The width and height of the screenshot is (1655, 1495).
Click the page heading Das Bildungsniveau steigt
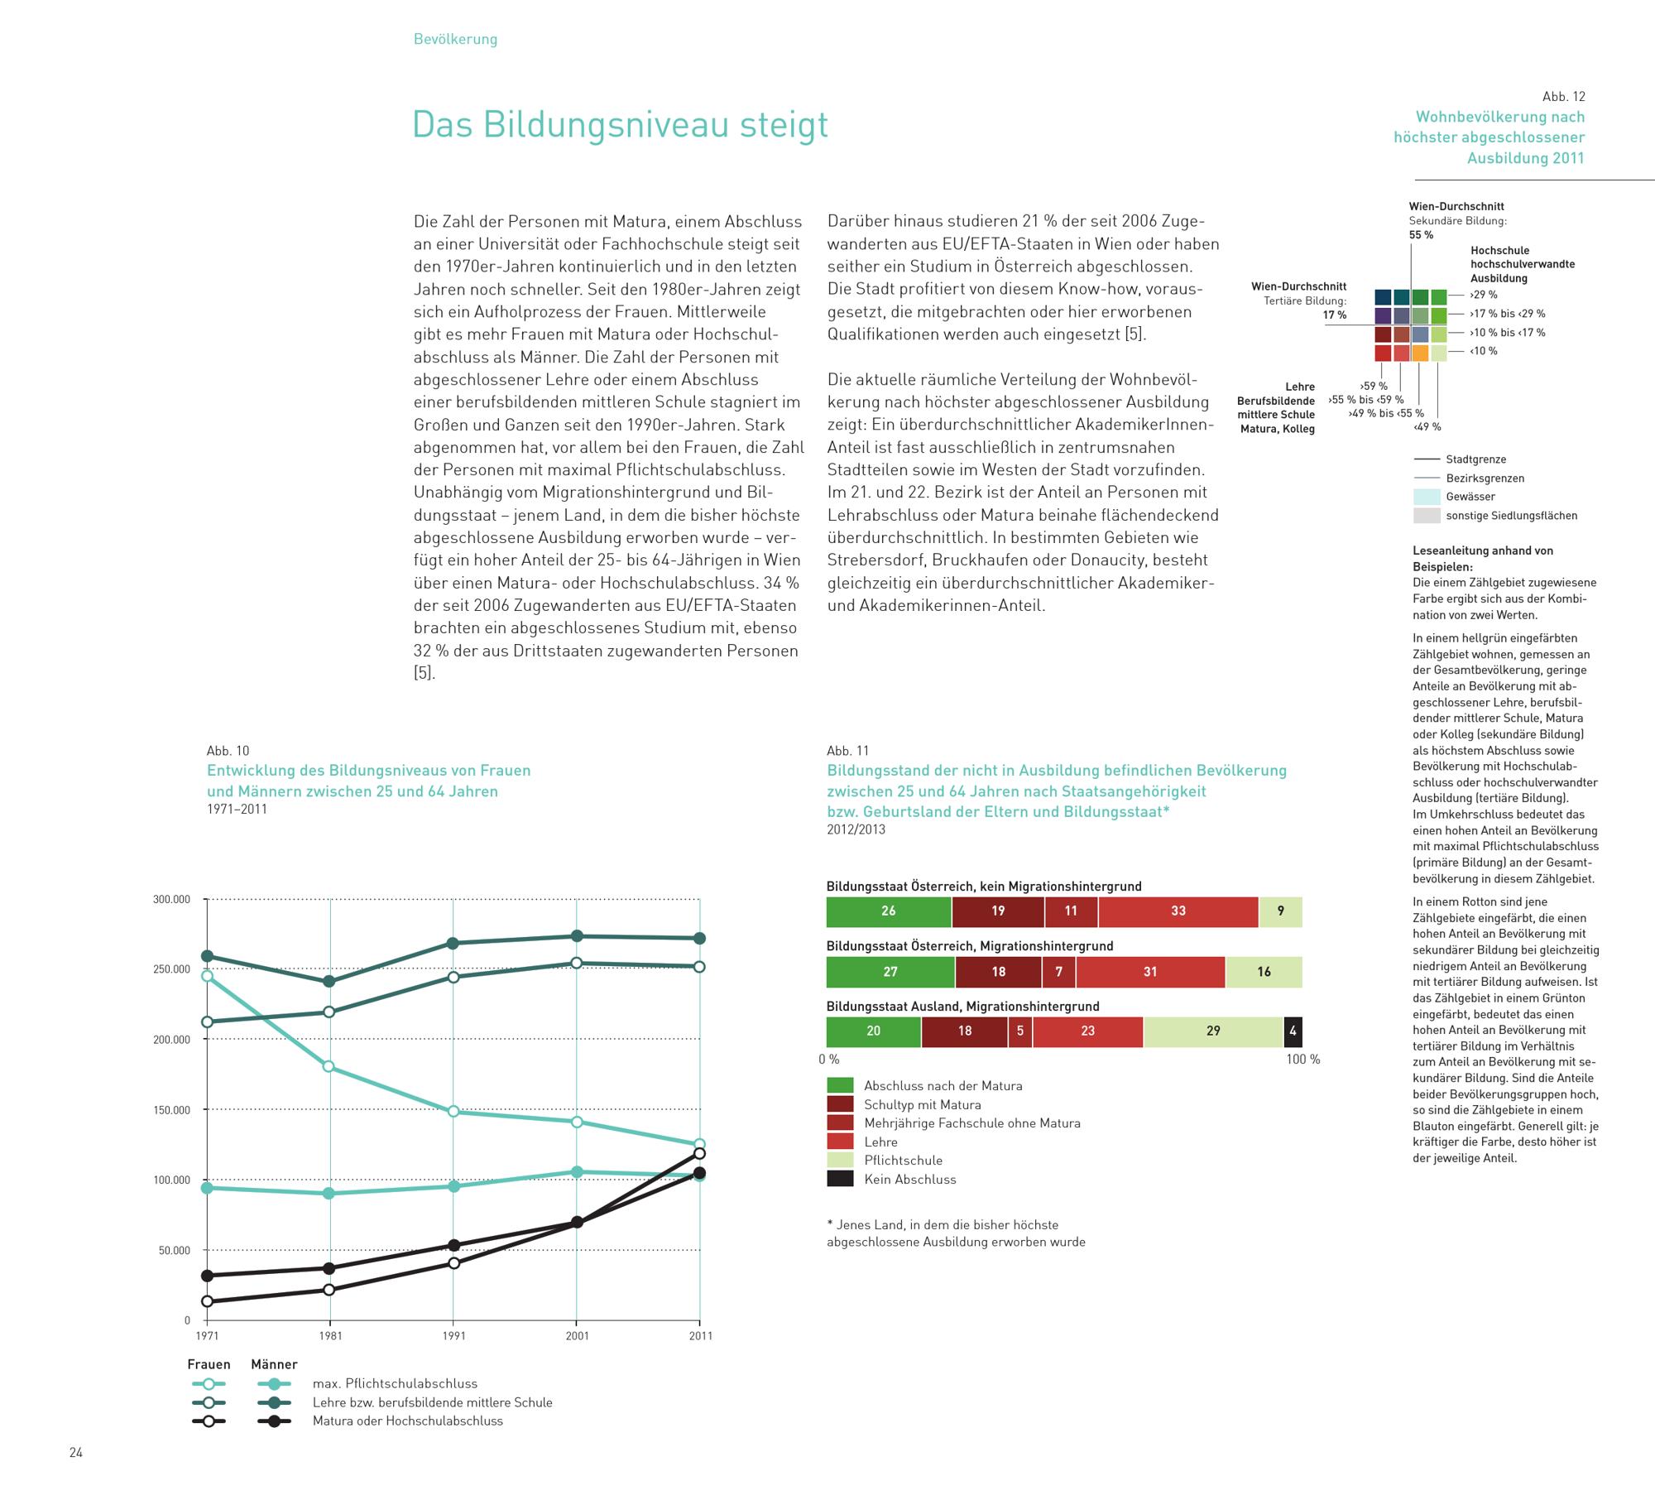(620, 125)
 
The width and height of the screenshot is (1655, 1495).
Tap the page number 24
(76, 1453)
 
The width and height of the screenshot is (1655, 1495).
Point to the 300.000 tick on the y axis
(171, 899)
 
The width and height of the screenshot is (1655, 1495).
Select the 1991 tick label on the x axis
(453, 1335)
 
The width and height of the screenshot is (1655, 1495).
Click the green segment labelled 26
(888, 911)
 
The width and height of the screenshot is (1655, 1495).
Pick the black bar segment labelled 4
(1293, 1031)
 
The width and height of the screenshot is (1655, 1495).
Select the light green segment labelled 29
(1213, 1031)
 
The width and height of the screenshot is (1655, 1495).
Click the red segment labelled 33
(1178, 911)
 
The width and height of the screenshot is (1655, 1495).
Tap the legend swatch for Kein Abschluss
(840, 1179)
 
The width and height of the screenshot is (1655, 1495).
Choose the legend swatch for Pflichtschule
(840, 1160)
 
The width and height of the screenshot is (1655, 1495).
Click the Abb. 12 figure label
(1563, 97)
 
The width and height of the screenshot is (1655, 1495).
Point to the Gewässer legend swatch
(1427, 497)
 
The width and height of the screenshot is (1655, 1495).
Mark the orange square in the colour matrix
(1420, 353)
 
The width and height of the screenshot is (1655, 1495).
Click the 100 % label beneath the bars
(1302, 1060)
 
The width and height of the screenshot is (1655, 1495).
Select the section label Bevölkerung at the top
(455, 39)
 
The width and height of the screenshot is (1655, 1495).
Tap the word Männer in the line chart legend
(274, 1364)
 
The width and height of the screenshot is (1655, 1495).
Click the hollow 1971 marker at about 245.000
(207, 976)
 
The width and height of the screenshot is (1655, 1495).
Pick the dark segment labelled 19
(998, 911)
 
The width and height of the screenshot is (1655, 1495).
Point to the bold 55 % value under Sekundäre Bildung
(1421, 235)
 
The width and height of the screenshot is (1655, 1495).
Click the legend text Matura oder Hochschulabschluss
(407, 1420)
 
